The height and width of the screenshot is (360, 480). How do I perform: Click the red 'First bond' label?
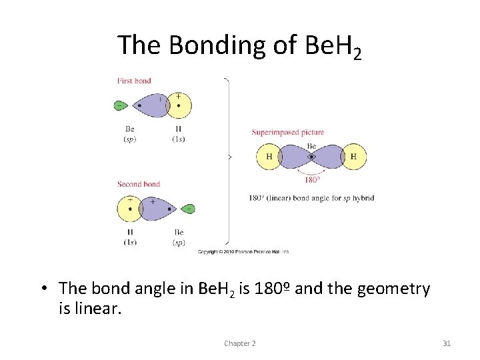(x=134, y=81)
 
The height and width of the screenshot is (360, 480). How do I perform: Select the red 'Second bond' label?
(x=139, y=184)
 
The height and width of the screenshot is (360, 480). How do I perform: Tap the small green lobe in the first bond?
(x=121, y=105)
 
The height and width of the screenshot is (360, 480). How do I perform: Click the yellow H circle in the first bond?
(x=179, y=105)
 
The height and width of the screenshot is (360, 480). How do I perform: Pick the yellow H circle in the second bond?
(x=129, y=209)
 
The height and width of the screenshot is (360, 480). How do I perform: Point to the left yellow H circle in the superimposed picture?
(x=269, y=157)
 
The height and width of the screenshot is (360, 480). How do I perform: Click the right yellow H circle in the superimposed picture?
(x=353, y=157)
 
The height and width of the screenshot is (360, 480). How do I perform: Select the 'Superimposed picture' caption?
(x=287, y=132)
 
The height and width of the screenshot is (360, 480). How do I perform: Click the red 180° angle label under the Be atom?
(x=311, y=179)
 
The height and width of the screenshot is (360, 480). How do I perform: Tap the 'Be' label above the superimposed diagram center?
(x=311, y=146)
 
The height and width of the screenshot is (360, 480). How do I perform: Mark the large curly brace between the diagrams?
(x=228, y=158)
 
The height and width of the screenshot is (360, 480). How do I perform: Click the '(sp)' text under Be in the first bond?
(x=129, y=139)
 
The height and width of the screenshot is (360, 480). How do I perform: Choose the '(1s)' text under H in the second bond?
(x=129, y=242)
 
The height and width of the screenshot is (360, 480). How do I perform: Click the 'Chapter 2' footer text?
(x=239, y=343)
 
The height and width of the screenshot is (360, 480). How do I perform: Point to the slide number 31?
(x=447, y=343)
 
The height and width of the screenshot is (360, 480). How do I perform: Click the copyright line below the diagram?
(x=243, y=252)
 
